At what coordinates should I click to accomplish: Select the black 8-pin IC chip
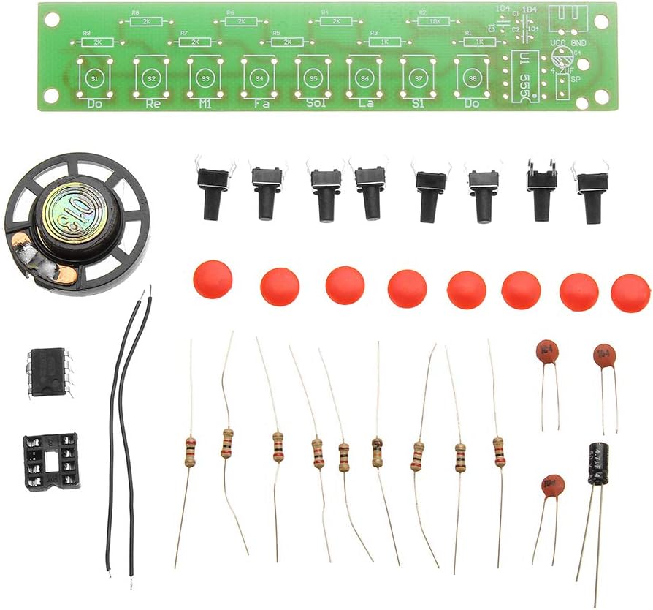49,371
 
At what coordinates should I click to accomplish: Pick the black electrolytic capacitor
597,462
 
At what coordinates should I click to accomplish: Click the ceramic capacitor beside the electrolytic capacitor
553,485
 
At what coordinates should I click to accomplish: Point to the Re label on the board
152,104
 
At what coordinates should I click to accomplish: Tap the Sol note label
314,104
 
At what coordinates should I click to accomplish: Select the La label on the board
366,104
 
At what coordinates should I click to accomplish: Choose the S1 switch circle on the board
94,78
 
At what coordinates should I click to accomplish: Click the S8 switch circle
473,77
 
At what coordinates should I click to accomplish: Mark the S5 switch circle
313,78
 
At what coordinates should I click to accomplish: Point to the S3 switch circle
205,78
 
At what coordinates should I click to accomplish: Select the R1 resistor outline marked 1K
479,42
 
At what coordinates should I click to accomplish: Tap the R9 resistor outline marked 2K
97,42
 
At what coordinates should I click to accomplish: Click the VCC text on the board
558,44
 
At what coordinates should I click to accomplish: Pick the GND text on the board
579,44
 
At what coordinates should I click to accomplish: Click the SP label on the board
575,80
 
